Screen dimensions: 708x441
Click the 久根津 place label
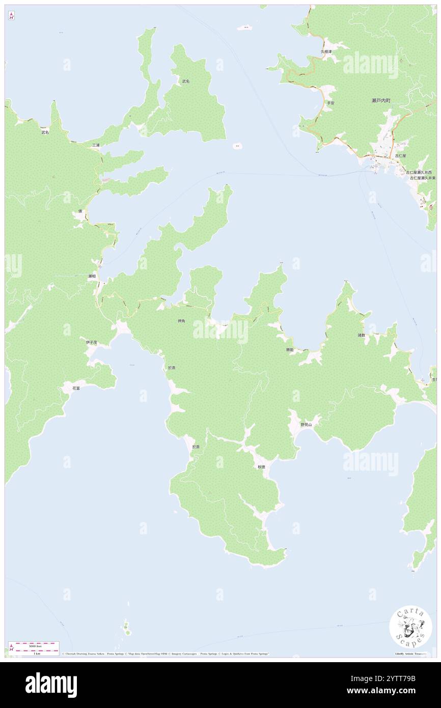point(326,51)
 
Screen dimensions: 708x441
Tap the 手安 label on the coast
point(330,103)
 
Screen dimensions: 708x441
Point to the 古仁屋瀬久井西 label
point(418,173)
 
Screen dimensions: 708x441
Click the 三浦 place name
point(96,145)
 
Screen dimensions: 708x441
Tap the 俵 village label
point(80,211)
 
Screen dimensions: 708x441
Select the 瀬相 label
point(92,276)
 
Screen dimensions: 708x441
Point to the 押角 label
point(181,321)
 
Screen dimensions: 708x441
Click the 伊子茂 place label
point(91,342)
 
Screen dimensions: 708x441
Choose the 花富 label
point(76,388)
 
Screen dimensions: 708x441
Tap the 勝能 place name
point(289,350)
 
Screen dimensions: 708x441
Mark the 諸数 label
point(361,336)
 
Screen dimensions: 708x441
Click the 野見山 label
point(306,424)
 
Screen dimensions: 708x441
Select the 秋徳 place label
point(261,467)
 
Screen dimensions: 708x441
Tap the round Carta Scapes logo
point(410,628)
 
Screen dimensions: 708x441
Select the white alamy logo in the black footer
point(51,685)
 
